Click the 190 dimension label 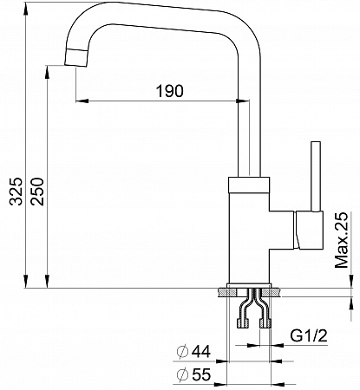tap(170, 91)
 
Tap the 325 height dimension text tap(16, 192)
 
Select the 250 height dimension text tap(37, 192)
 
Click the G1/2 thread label tap(309, 336)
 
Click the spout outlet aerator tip tap(76, 58)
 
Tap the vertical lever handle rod tap(316, 176)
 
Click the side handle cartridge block tap(308, 230)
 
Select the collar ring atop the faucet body tap(249, 184)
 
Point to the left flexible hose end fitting tap(243, 323)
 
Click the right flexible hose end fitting tap(265, 323)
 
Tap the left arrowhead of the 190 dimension tap(82, 101)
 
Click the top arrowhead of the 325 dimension tap(26, 10)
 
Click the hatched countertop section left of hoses tap(228, 292)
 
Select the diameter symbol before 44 tap(182, 352)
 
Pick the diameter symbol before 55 tap(182, 374)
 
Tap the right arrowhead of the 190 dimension tap(242, 101)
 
